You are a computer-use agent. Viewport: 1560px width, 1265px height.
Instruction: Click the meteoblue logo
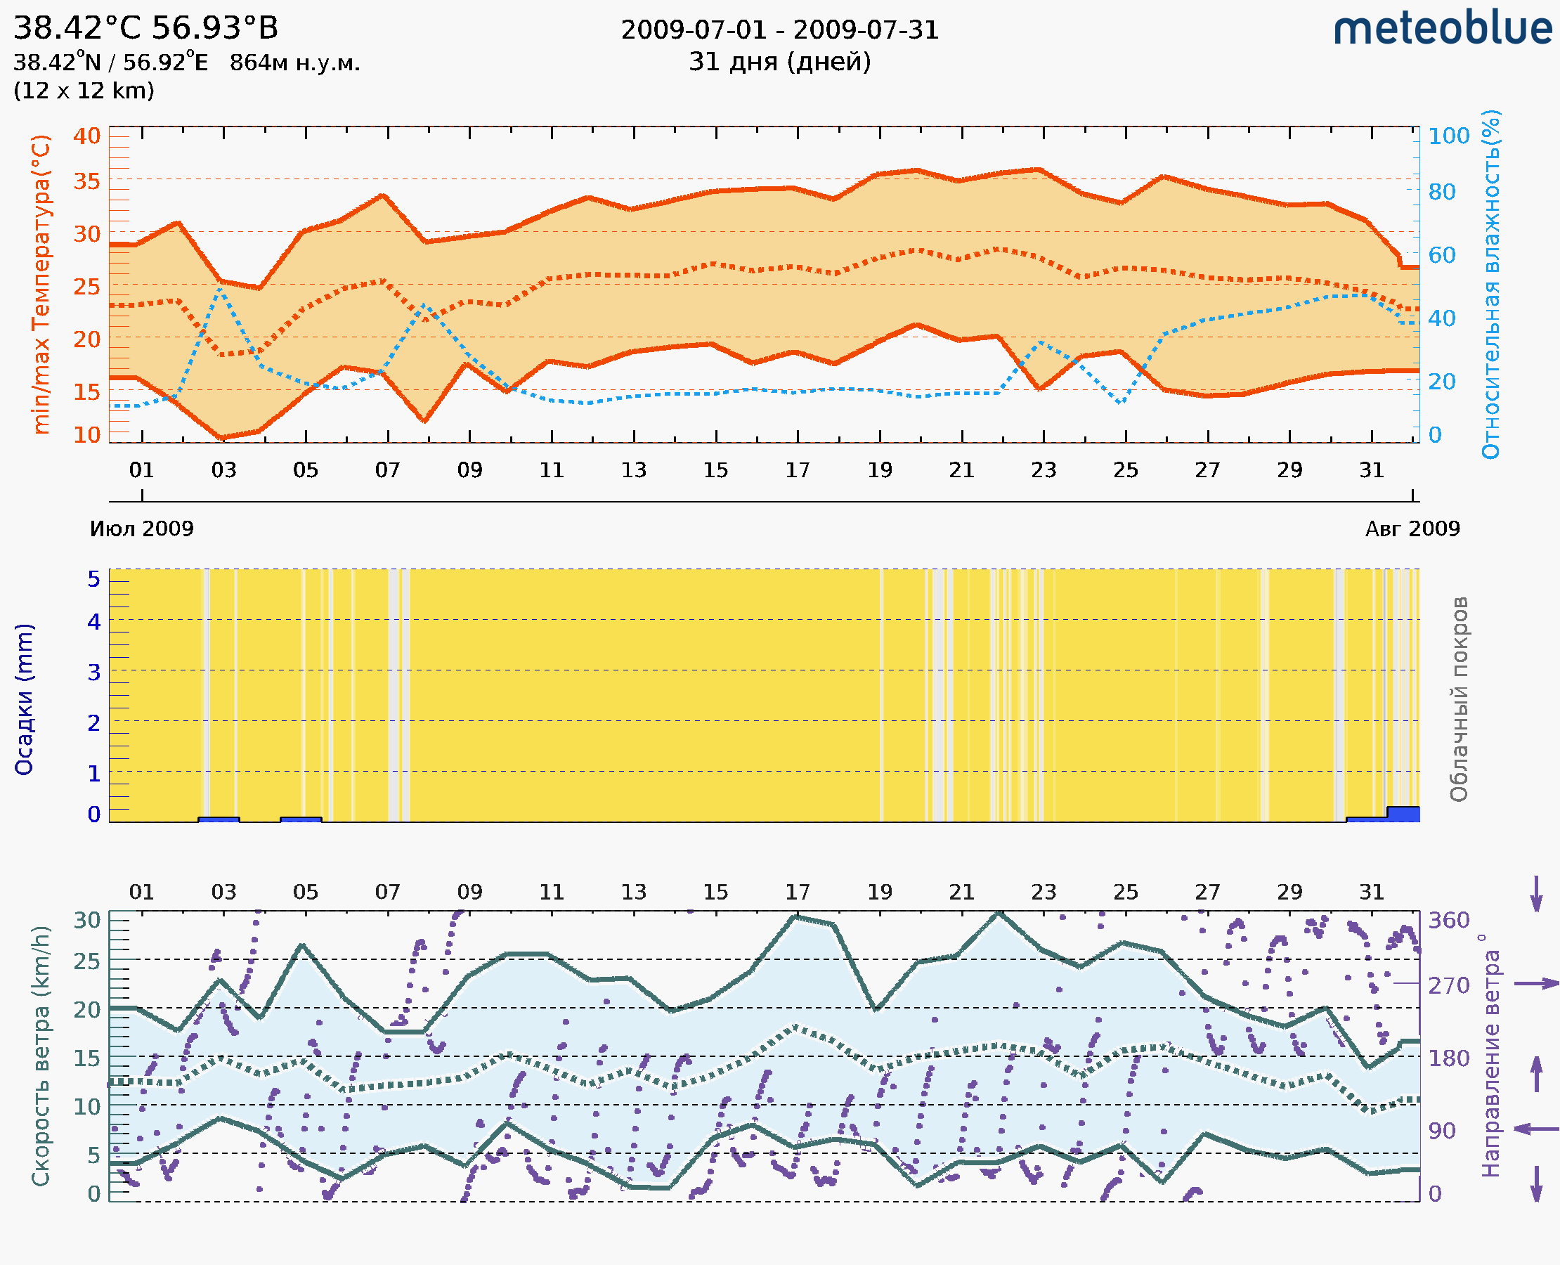click(1442, 29)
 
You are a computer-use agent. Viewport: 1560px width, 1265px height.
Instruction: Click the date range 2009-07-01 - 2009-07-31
click(779, 30)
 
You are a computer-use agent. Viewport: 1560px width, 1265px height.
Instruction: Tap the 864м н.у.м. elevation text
click(294, 63)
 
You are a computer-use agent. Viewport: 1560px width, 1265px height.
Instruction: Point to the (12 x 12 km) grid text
click(84, 91)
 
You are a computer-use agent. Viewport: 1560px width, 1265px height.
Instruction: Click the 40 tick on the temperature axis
click(86, 136)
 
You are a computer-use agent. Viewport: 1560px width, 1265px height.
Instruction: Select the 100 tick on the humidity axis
click(1448, 136)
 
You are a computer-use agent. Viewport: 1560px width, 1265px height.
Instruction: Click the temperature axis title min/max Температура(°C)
click(41, 284)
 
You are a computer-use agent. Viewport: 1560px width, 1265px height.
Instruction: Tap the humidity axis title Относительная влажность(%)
click(1490, 284)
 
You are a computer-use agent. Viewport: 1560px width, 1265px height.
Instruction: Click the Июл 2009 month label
click(141, 529)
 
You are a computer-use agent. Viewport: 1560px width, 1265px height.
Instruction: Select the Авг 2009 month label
click(1412, 529)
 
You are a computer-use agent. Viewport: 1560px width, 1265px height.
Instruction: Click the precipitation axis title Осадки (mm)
click(24, 699)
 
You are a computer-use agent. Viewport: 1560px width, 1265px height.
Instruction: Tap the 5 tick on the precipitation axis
click(94, 579)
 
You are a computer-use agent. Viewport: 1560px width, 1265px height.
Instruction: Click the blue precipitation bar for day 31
click(1403, 814)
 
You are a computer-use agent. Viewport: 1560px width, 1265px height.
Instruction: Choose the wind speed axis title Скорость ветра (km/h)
click(41, 1056)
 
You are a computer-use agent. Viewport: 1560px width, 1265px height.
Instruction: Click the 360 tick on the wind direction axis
click(1448, 921)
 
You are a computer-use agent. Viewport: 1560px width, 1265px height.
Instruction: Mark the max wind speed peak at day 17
click(797, 917)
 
